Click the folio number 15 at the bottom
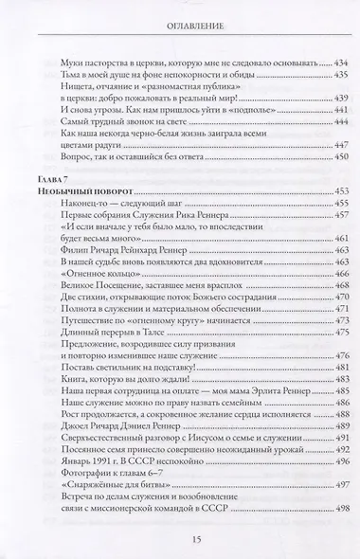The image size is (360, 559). (x=181, y=537)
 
